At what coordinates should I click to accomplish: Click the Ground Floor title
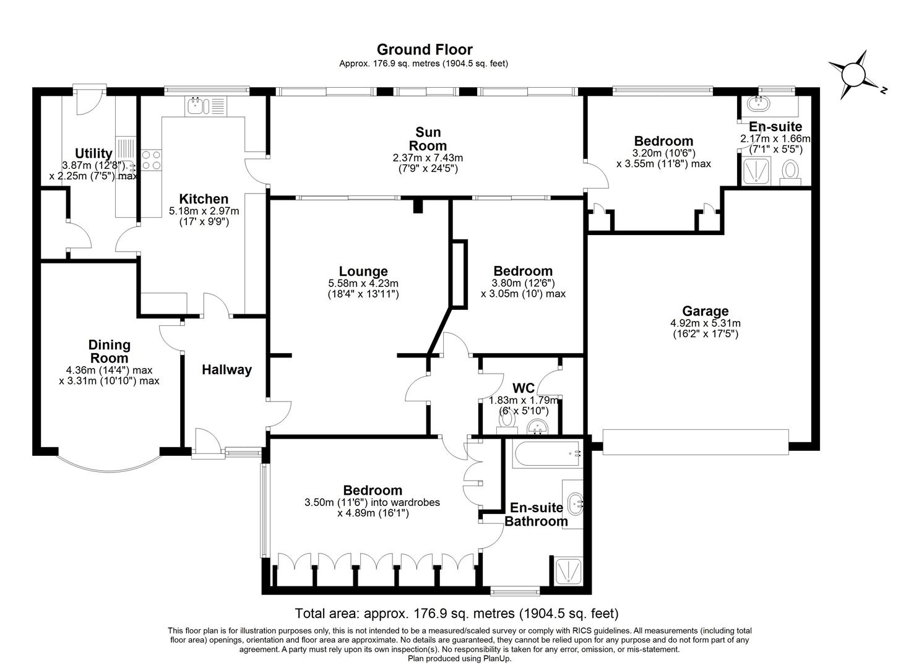click(424, 49)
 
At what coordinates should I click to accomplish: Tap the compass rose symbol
click(854, 74)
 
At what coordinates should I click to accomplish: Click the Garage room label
click(705, 311)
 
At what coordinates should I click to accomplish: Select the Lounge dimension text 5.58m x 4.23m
click(363, 283)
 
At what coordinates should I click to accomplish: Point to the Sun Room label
click(428, 139)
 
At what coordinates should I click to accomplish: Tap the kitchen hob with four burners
click(152, 161)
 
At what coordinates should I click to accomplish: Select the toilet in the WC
click(507, 421)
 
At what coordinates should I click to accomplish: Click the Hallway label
click(227, 370)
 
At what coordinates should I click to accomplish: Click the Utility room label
click(93, 153)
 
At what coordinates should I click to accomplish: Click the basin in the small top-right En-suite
click(759, 102)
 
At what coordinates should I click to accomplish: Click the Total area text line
click(457, 614)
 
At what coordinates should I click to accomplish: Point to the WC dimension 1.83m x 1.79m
click(524, 400)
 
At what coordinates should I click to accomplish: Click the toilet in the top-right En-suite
click(790, 169)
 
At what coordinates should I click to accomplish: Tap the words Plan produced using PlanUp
click(459, 659)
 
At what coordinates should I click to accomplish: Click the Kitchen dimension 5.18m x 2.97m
click(204, 211)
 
